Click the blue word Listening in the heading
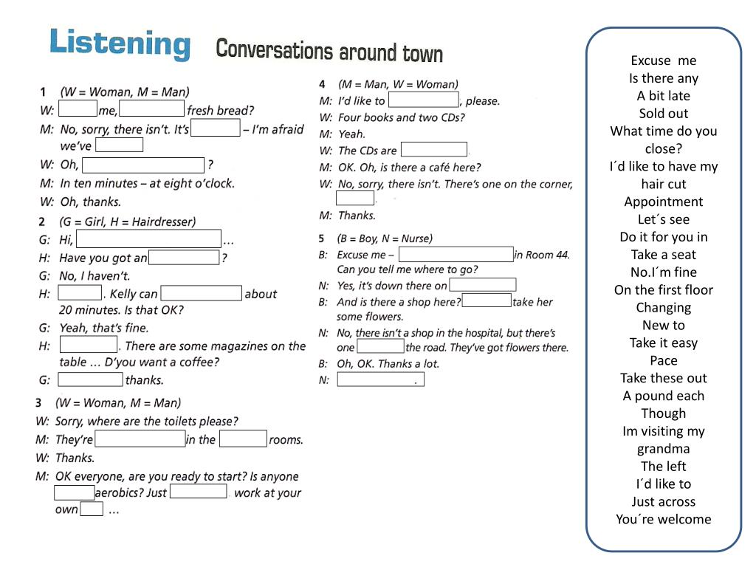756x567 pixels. [120, 44]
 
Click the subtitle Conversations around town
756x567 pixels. [329, 51]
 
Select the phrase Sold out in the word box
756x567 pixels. [663, 114]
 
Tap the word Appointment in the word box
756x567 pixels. [663, 202]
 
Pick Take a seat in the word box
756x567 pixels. [663, 255]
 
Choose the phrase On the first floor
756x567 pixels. [663, 290]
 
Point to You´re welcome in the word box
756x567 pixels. [663, 519]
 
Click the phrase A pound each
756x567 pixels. [663, 396]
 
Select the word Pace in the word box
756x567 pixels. [663, 360]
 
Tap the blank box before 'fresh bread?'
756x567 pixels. [151, 110]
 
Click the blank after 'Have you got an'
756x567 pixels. [184, 258]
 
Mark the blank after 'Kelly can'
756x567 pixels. [201, 294]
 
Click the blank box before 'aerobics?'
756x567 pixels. [74, 492]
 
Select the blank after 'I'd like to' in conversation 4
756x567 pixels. [423, 100]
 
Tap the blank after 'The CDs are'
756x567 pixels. [433, 150]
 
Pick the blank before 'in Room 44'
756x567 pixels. [456, 255]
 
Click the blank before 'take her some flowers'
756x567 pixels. [486, 301]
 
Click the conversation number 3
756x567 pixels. [38, 403]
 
